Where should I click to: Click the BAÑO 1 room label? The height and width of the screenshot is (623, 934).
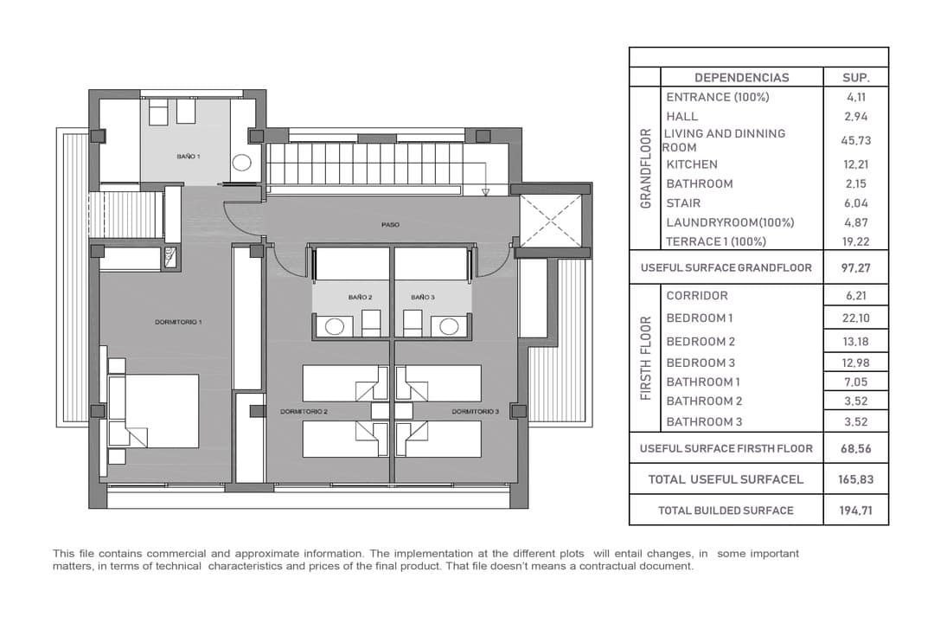[x=189, y=157]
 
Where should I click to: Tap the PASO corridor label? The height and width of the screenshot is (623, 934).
[x=390, y=225]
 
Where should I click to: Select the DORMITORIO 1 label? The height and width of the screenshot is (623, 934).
[x=178, y=322]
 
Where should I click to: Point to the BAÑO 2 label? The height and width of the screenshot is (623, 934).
[x=360, y=297]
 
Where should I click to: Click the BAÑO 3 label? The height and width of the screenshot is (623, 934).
[x=422, y=297]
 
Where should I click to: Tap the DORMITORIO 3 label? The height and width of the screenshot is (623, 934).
[x=475, y=411]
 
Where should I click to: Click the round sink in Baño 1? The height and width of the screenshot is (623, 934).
[x=241, y=162]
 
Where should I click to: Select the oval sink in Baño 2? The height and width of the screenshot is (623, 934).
[x=334, y=327]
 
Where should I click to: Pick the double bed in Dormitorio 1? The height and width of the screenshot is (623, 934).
[x=153, y=411]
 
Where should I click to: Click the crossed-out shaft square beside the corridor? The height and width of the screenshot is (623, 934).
[x=550, y=221]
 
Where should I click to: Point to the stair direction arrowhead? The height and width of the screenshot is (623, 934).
[x=485, y=192]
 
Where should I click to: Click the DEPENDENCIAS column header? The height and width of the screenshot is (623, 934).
[x=742, y=78]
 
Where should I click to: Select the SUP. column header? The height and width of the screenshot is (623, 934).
[x=856, y=78]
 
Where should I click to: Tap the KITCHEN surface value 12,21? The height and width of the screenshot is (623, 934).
[x=856, y=164]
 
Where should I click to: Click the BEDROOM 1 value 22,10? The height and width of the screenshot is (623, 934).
[x=856, y=318]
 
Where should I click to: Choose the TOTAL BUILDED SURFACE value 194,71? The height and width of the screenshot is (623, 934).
[x=856, y=511]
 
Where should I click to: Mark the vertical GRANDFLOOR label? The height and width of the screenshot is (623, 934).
[x=646, y=168]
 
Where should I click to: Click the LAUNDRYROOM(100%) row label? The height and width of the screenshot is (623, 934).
[x=730, y=222]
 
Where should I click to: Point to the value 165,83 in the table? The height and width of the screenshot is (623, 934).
[x=856, y=479]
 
